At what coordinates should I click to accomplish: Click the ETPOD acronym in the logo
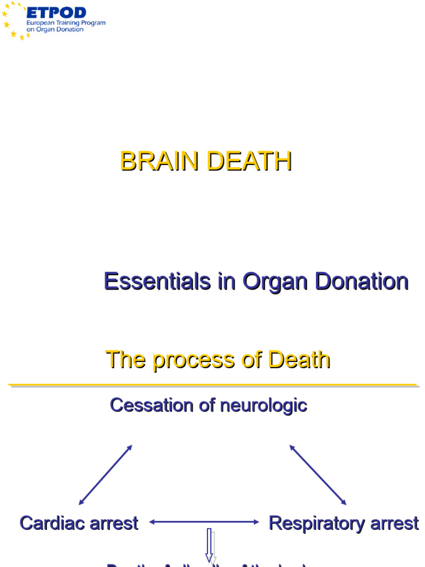(56, 12)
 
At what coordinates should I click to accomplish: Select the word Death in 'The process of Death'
(299, 360)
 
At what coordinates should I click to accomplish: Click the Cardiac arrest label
(79, 523)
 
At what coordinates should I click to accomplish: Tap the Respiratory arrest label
(344, 523)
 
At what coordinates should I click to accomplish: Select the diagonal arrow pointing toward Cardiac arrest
(105, 475)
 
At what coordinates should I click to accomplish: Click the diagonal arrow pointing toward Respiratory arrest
(318, 475)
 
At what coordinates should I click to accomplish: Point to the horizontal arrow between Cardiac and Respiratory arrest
(204, 522)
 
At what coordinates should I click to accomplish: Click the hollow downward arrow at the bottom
(210, 545)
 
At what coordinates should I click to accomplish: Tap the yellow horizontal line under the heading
(212, 385)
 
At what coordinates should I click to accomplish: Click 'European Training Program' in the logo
(66, 23)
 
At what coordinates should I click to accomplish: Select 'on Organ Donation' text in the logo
(55, 30)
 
